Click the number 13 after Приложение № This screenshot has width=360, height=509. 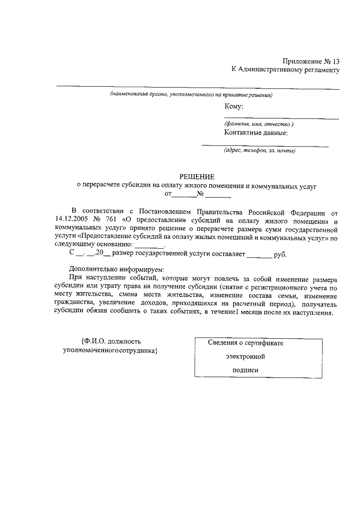336,62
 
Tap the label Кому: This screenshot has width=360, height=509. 233,106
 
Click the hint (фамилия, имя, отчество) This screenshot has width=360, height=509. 259,124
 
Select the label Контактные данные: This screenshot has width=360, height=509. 256,133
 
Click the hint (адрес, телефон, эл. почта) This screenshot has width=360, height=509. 259,151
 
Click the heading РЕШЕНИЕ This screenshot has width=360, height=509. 197,177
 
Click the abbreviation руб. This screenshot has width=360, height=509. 280,255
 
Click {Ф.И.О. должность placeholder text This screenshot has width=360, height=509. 111,342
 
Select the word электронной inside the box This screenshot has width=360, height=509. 245,357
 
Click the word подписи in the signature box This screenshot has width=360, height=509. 245,370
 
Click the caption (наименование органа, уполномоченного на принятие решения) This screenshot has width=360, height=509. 191,95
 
